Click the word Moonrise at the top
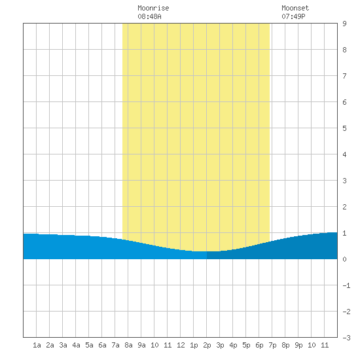(x=153, y=8)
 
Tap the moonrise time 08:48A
(x=149, y=16)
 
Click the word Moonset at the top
(x=295, y=8)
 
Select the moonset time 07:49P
(x=293, y=16)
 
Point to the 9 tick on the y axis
(x=344, y=24)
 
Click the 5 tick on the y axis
(x=344, y=128)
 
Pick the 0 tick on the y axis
(x=344, y=259)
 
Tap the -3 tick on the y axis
(x=346, y=338)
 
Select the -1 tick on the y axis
(x=346, y=285)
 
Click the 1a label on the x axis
(x=37, y=345)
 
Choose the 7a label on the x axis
(x=115, y=345)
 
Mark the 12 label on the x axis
(x=181, y=345)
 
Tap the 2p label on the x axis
(x=207, y=346)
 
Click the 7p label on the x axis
(x=272, y=346)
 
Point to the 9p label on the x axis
(x=298, y=346)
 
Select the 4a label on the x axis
(x=76, y=345)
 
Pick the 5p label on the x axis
(x=246, y=346)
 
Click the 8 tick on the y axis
(x=344, y=50)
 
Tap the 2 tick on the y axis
(x=344, y=207)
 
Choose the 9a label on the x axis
(x=141, y=345)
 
